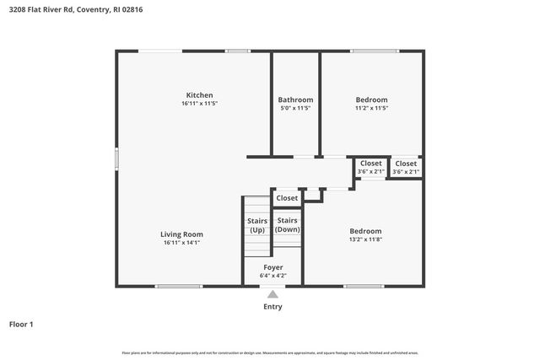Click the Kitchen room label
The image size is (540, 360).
(199, 95)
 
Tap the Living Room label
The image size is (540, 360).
(182, 234)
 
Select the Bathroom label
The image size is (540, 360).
(295, 99)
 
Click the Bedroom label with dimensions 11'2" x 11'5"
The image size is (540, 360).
(371, 99)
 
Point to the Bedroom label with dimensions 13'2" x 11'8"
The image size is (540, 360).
(365, 231)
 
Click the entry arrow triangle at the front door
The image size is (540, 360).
(273, 294)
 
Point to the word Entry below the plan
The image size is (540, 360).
(273, 307)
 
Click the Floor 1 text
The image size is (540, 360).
(21, 324)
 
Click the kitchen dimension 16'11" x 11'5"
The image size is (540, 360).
(199, 104)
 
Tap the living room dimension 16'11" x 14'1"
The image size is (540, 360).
(182, 242)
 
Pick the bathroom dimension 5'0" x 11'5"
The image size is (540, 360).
(295, 108)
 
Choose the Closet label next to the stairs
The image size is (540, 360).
(287, 198)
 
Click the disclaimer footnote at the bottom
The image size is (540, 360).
(270, 352)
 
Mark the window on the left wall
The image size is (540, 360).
(116, 159)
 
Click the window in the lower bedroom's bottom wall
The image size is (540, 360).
(364, 287)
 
